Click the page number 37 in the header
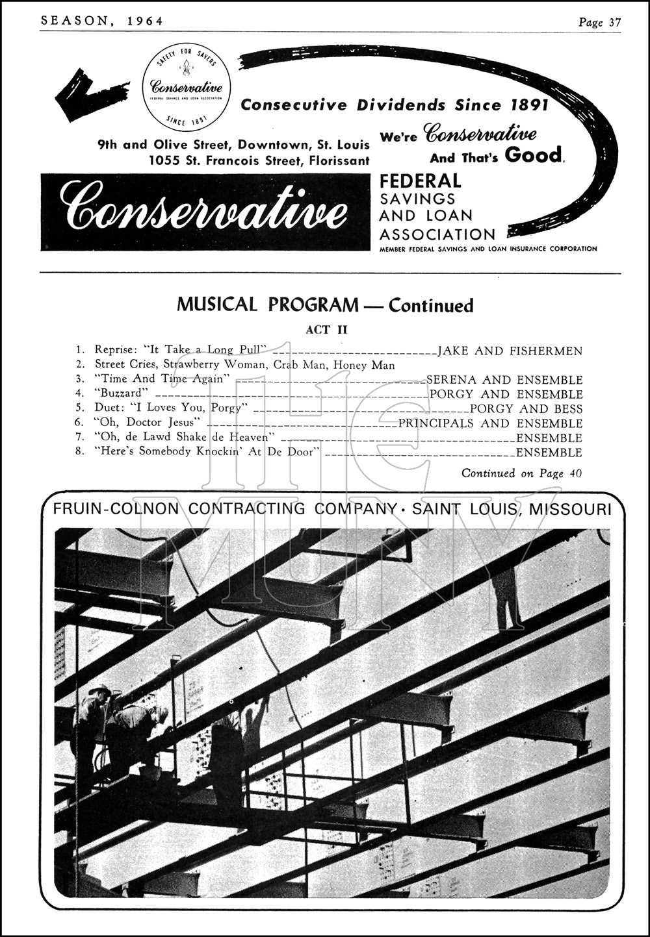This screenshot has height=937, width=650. tap(615, 22)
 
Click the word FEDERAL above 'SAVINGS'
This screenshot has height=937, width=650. tap(420, 181)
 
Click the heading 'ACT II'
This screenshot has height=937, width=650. tap(326, 330)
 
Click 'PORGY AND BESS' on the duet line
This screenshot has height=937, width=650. tap(526, 409)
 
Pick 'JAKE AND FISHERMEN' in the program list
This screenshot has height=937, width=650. tap(510, 351)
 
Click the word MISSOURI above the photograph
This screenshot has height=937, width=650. tap(570, 509)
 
